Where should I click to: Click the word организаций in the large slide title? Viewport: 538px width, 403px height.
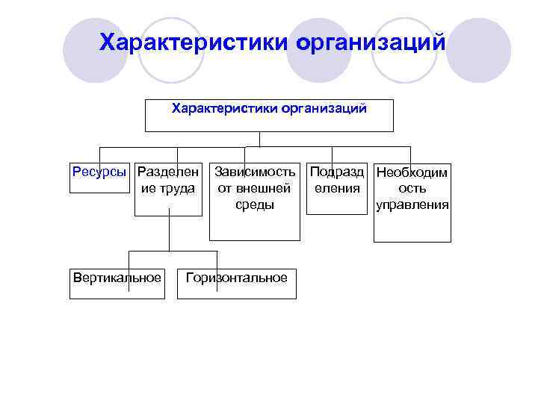pos(371,41)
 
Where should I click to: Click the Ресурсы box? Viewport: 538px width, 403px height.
pos(100,184)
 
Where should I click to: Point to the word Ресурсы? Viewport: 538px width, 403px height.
pos(100,172)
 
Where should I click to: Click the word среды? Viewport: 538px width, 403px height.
pos(255,204)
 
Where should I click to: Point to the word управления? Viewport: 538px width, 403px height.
pos(412,204)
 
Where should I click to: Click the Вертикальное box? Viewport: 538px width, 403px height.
pos(117,287)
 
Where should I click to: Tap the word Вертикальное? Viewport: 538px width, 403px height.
pos(117,278)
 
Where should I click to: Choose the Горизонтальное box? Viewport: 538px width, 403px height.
pos(236,287)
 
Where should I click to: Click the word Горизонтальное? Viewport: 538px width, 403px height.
pos(236,278)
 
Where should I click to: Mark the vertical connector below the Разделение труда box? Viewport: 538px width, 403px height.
pos(170,231)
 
